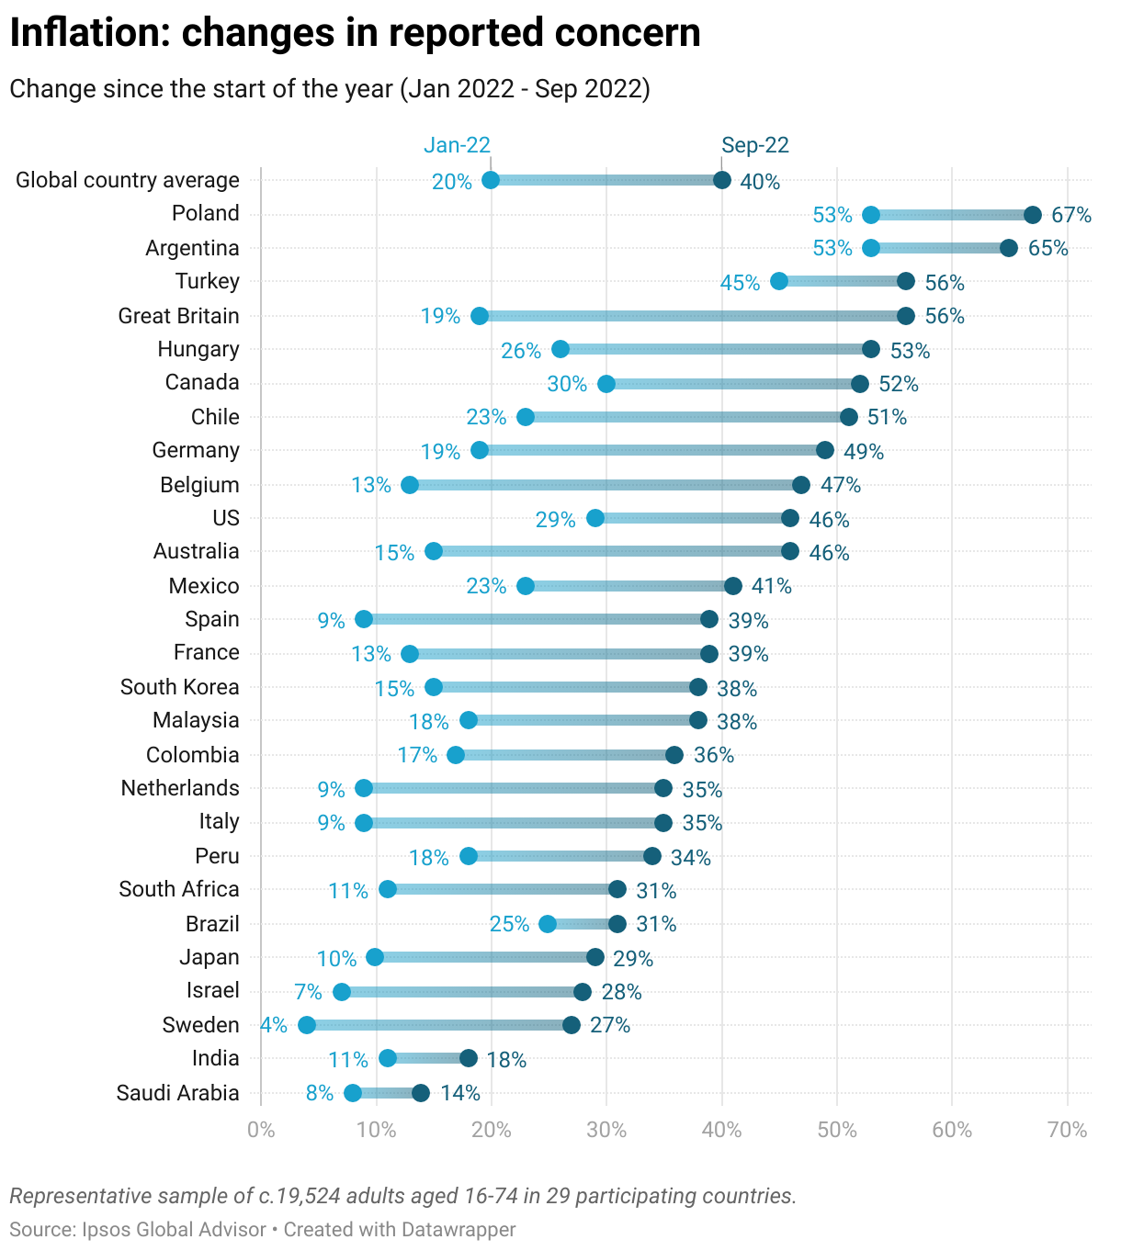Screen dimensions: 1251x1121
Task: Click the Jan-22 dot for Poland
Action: point(871,215)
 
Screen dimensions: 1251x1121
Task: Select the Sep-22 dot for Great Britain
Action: point(906,316)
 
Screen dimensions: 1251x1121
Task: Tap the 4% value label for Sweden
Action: point(274,1025)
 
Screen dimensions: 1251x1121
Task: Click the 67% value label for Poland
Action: point(1071,216)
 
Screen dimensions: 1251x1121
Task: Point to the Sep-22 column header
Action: point(755,145)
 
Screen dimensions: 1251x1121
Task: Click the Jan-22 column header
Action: point(457,145)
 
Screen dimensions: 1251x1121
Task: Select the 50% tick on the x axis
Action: point(837,1130)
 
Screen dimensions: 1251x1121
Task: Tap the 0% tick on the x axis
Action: point(261,1130)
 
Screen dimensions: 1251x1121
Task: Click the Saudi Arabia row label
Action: point(177,1093)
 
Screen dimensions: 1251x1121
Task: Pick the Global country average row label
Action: point(128,180)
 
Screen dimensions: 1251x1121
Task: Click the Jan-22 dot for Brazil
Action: point(548,924)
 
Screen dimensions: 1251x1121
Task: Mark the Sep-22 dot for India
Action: point(469,1058)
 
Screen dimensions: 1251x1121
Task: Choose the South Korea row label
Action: point(179,687)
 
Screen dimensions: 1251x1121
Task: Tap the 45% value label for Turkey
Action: point(740,283)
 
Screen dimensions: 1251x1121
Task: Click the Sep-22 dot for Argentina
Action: point(1009,248)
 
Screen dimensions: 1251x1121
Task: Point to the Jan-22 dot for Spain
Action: point(364,619)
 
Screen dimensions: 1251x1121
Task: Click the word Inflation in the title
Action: point(89,33)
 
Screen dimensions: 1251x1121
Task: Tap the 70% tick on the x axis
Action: point(1068,1130)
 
